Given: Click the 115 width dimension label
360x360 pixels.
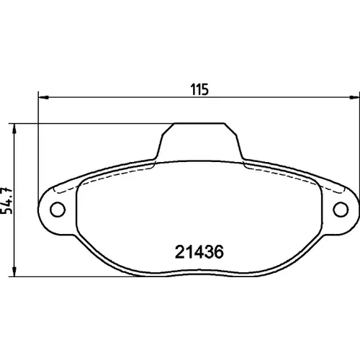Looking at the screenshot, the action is click(199, 89).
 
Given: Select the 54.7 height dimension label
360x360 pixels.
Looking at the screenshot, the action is click(6, 201).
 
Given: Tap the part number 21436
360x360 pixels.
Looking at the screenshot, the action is click(199, 252).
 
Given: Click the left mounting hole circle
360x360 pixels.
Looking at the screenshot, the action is click(58, 210).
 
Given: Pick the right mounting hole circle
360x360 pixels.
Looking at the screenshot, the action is click(341, 210).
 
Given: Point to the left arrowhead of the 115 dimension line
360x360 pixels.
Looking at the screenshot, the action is click(44, 97).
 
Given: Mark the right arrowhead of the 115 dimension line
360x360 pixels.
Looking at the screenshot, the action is click(354, 97).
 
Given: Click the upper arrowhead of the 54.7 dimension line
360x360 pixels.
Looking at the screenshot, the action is click(14, 129).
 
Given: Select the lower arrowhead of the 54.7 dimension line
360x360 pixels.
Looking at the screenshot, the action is click(14, 271).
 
